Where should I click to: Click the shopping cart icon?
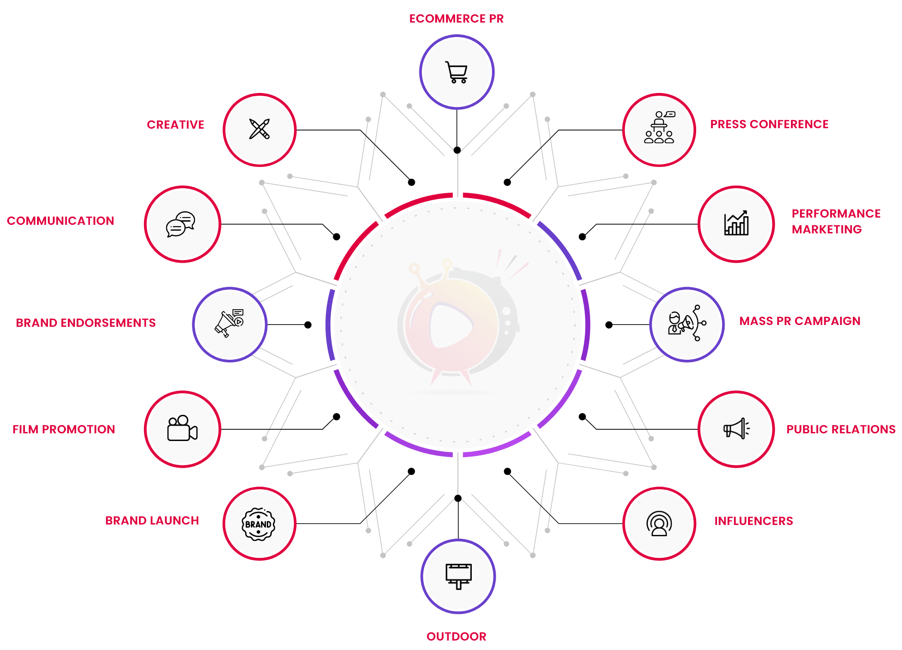[456, 72]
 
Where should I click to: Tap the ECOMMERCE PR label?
[456, 19]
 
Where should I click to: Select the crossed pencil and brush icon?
[260, 130]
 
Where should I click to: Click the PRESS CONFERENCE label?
[769, 124]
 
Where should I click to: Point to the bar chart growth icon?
[736, 223]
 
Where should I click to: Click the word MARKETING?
[827, 229]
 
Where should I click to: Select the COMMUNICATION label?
[60, 221]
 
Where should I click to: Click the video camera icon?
[182, 428]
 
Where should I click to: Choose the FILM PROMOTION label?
[64, 429]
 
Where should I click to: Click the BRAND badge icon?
[258, 524]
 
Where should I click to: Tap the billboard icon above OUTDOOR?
[458, 576]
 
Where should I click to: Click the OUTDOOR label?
[456, 636]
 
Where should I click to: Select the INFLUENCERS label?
[753, 521]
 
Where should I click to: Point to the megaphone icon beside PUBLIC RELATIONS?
[736, 428]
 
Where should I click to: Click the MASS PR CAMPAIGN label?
[800, 321]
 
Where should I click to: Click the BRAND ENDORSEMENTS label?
[86, 323]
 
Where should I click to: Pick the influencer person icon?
[659, 524]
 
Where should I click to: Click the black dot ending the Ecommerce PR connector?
[457, 150]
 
